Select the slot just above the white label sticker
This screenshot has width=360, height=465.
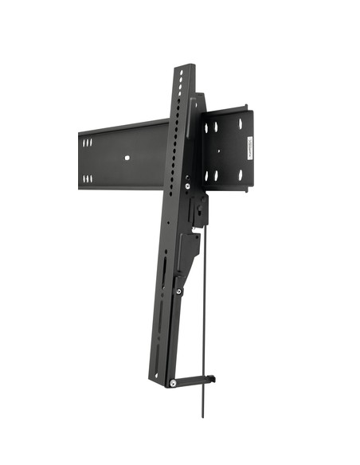pos(240,124)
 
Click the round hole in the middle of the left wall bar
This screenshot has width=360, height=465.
pos(127,157)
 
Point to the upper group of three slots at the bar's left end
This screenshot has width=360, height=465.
pos(87,143)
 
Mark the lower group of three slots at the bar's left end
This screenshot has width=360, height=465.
pos(87,178)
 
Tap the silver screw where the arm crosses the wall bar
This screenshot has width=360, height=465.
pos(187,186)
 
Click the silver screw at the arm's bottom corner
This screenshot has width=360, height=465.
pos(173,383)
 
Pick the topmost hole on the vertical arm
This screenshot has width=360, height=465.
pos(182,72)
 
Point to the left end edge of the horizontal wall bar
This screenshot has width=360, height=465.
pos(80,160)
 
